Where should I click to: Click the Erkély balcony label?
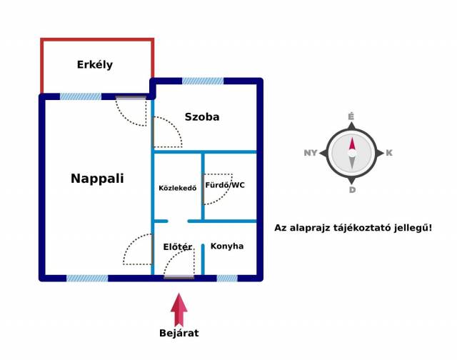(95, 65)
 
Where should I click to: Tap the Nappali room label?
(97, 179)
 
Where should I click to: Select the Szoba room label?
(202, 117)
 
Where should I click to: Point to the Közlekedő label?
(178, 188)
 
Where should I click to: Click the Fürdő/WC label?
(225, 185)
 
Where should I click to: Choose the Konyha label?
(227, 246)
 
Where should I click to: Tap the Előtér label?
(178, 247)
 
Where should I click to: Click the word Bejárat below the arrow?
(179, 333)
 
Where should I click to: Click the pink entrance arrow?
(179, 309)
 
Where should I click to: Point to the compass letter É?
(351, 117)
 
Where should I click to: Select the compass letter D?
(352, 190)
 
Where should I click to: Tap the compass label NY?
(311, 153)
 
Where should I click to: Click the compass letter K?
(389, 153)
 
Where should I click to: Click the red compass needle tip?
(352, 138)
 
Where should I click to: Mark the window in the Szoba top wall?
(203, 81)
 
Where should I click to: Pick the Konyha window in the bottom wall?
(227, 278)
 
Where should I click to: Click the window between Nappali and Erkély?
(81, 96)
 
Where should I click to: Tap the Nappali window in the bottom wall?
(87, 278)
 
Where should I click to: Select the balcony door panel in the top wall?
(131, 98)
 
